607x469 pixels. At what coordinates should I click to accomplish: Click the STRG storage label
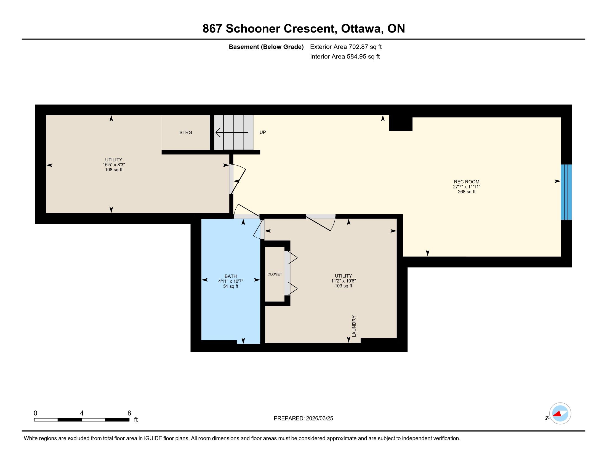[186, 132]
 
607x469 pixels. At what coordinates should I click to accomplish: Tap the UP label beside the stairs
[263, 132]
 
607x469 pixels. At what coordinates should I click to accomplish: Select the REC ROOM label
[467, 182]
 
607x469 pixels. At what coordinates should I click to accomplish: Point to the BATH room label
[231, 276]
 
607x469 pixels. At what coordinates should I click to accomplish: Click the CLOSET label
[275, 274]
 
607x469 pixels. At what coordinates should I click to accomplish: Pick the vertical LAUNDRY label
[354, 326]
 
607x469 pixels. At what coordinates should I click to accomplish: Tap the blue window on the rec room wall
[566, 192]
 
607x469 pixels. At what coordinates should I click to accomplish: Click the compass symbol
[560, 414]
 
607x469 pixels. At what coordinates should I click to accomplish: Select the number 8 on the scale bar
[129, 413]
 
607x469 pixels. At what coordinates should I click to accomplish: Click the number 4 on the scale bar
[82, 413]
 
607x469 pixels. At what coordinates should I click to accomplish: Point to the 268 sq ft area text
[467, 192]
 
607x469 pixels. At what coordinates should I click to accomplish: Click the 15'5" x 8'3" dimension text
[114, 165]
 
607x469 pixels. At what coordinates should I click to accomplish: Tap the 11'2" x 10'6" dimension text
[344, 281]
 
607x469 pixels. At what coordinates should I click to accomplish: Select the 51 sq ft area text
[231, 286]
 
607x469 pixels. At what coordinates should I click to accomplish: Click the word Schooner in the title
[253, 29]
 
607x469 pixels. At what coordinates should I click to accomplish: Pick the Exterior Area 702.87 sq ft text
[346, 47]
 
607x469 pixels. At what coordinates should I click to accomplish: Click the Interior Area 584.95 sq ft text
[345, 57]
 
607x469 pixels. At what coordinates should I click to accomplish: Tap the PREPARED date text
[303, 419]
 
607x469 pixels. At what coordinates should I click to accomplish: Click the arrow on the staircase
[232, 132]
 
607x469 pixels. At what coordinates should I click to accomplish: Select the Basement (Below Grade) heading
[266, 47]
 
